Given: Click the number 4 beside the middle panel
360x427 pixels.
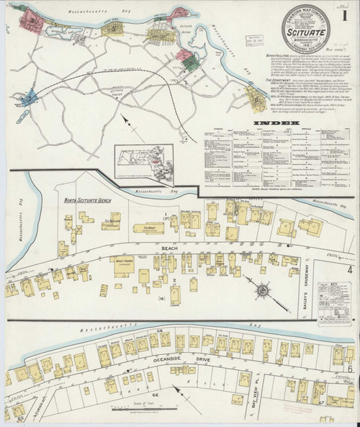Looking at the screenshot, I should pos(349,269).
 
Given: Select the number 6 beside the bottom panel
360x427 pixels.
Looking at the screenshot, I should pos(349,369).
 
